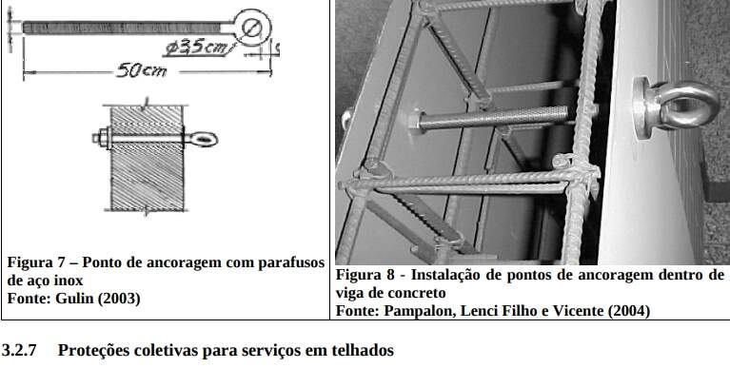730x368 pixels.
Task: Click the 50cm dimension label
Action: coord(142,70)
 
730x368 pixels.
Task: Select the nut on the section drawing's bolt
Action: coord(103,138)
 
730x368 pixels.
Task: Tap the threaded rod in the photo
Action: coord(493,119)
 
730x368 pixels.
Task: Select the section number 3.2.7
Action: coord(19,350)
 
